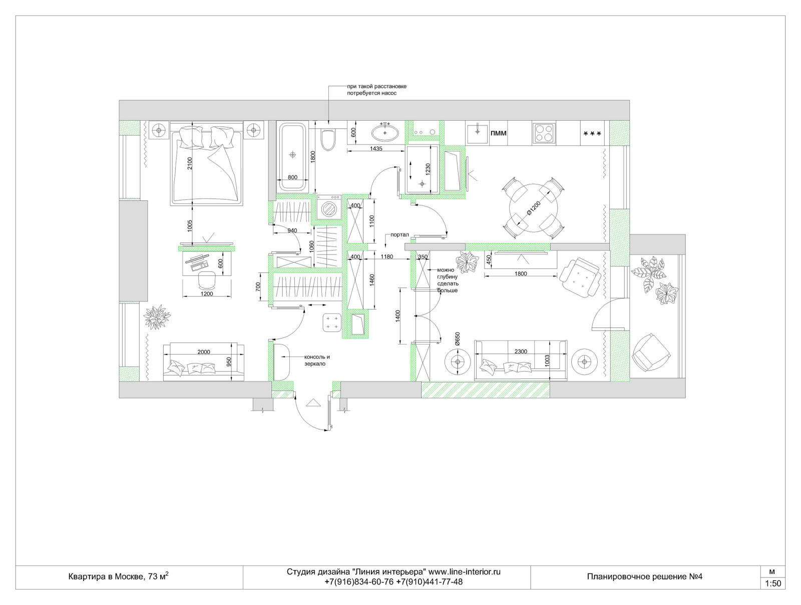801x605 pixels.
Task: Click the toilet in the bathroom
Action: coord(328,140)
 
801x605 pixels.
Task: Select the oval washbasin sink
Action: coord(385,132)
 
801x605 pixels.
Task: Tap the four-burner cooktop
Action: coord(544,132)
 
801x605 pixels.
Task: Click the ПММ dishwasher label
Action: coord(498,133)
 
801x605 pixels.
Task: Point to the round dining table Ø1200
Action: coord(534,208)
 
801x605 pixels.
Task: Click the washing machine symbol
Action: coord(329,207)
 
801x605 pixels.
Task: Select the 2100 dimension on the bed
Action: coord(190,163)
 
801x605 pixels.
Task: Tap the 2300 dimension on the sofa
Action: coord(521,351)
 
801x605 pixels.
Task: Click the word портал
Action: coord(399,234)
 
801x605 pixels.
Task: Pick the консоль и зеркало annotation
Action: coord(317,360)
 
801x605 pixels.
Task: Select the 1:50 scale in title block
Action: coord(772,583)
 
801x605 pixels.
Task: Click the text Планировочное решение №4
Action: coord(645,576)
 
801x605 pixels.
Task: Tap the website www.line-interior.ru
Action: coord(464,571)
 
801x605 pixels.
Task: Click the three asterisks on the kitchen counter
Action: coord(592,134)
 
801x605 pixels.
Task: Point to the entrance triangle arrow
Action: coord(313,402)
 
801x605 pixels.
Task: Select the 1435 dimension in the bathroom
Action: coord(376,148)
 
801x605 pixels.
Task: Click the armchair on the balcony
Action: coord(651,352)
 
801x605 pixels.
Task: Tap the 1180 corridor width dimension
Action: coord(387,256)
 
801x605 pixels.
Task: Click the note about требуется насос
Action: coord(376,89)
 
